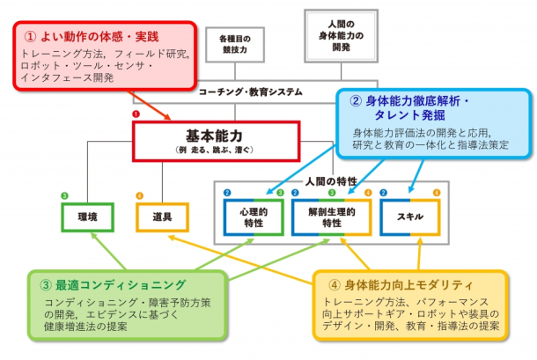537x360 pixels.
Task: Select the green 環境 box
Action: (87, 216)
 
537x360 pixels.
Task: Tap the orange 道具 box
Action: (163, 216)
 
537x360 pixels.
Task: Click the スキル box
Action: (411, 216)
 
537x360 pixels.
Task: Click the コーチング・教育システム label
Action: (250, 92)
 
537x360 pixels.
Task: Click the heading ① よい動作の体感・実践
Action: (92, 38)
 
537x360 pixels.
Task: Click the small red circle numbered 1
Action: (136, 114)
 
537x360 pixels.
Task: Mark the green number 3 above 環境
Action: (65, 195)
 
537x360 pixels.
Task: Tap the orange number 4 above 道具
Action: (139, 195)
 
